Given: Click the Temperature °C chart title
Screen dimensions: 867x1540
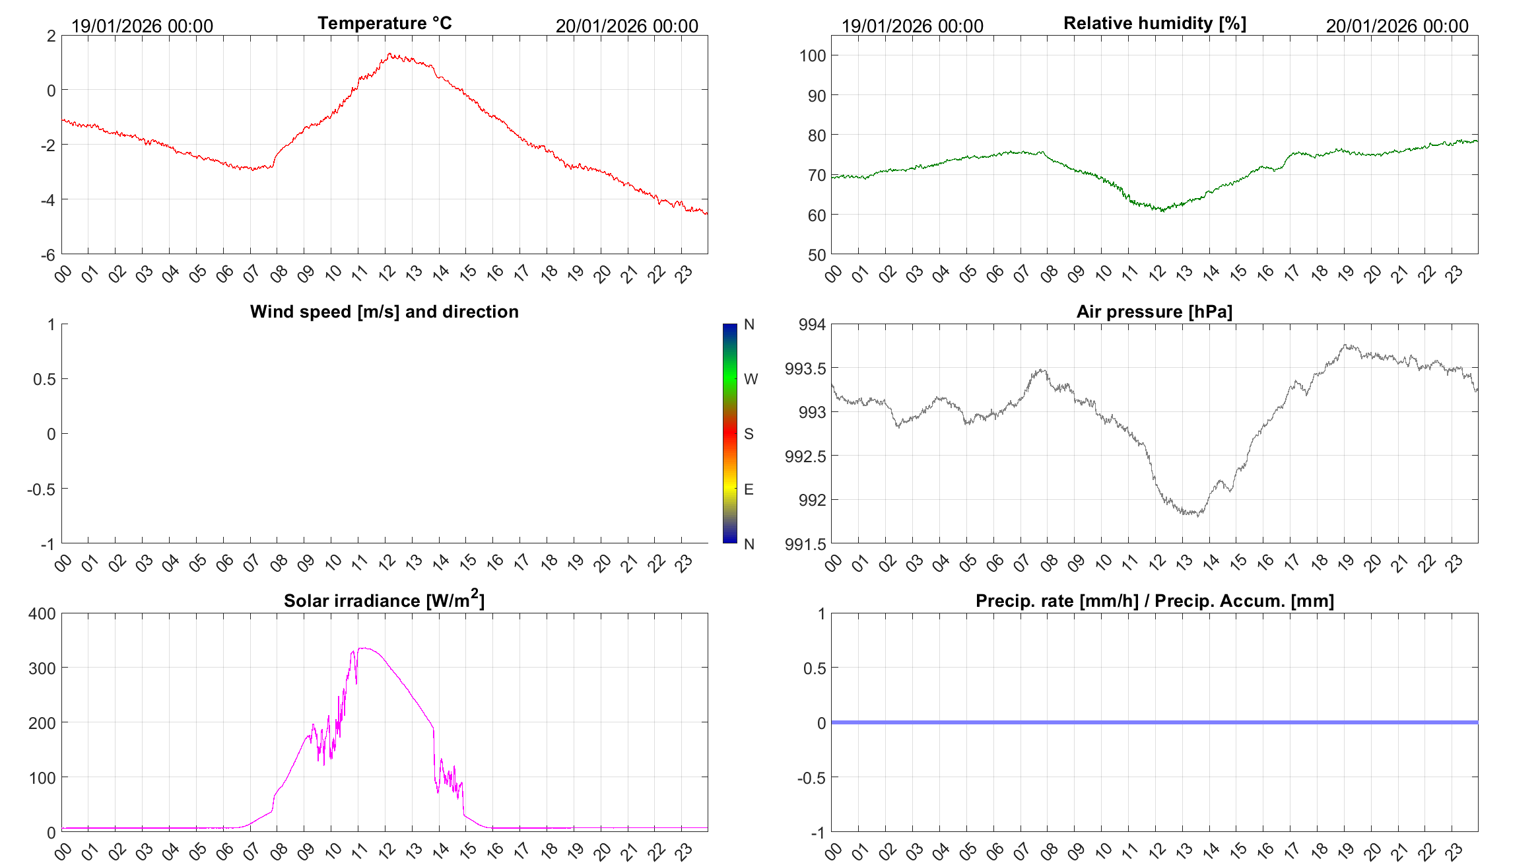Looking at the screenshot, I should (384, 23).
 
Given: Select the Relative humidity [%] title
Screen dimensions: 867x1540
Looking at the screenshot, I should (1155, 23).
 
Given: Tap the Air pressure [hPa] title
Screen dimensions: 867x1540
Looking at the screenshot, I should (1154, 312).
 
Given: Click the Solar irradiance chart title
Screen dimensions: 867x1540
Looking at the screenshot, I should (384, 600).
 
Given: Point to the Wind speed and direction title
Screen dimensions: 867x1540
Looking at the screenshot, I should (384, 312).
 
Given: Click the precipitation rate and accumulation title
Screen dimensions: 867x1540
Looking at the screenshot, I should (1155, 601).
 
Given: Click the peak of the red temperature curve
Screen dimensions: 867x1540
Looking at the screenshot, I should (389, 54).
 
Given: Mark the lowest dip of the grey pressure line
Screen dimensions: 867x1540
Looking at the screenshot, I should (1197, 515).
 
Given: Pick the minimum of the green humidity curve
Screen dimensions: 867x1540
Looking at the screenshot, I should (1162, 211).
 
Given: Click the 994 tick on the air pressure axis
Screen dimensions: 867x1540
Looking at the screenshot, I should (812, 324).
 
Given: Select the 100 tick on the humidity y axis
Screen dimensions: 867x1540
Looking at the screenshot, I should (813, 55).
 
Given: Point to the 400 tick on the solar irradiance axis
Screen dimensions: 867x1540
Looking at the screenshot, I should (42, 613).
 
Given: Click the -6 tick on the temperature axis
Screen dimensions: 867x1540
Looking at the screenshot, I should (48, 256).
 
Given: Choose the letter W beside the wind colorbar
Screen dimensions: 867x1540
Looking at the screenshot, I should (751, 379).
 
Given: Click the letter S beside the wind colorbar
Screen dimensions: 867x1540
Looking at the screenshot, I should (749, 434).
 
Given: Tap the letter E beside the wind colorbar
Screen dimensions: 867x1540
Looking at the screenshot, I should (749, 489).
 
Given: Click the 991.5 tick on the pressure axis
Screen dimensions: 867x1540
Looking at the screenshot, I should (805, 544).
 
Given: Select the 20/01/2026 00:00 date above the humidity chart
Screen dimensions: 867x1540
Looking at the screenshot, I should (1397, 26).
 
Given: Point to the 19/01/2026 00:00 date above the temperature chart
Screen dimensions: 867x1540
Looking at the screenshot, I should (142, 26).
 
